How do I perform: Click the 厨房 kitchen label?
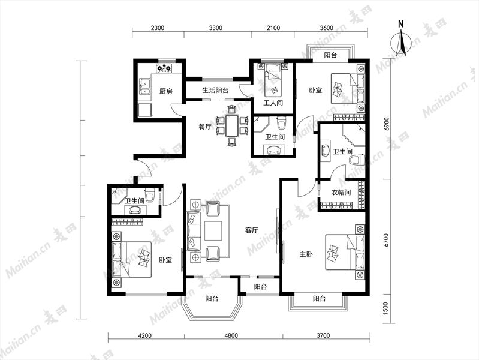coord(166,91)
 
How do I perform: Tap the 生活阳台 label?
coord(215,90)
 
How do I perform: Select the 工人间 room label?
coord(273,103)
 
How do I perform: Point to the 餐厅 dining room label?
coord(204,127)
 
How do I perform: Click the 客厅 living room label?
coord(251,230)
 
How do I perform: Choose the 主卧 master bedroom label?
coord(306,254)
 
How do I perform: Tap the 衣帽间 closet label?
coord(341,193)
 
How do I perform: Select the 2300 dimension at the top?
coord(158,28)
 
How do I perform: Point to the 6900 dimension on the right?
coord(388,124)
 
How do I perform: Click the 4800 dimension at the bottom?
coord(231,335)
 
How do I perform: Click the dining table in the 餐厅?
coord(232,125)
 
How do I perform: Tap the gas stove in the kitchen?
coord(164,68)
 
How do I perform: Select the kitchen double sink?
coord(144,87)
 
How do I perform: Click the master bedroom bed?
coord(345,252)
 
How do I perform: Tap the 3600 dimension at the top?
coord(326,28)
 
